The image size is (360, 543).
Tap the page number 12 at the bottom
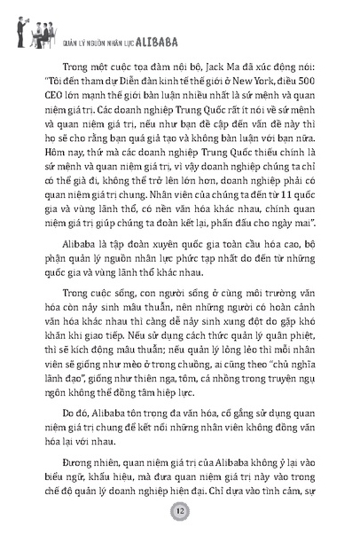pos(180,513)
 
